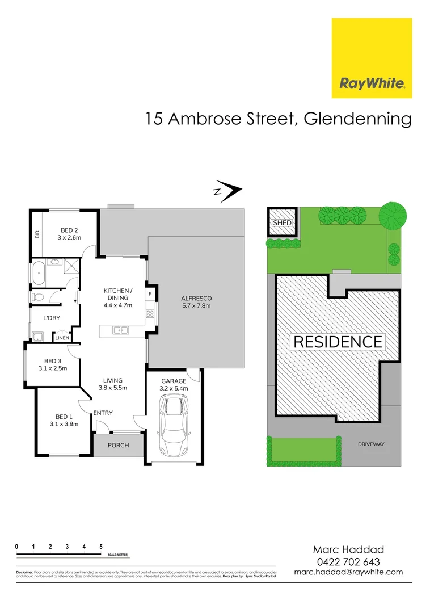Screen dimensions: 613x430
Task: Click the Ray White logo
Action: click(x=372, y=58)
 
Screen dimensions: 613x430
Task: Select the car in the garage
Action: click(x=174, y=426)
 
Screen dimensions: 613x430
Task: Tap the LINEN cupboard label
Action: click(x=62, y=338)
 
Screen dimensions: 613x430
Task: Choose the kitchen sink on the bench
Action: click(x=120, y=330)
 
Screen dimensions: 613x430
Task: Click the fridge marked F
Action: click(x=150, y=295)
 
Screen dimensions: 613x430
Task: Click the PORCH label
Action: click(x=118, y=446)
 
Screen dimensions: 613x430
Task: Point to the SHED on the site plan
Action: click(x=282, y=223)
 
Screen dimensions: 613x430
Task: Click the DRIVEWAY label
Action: click(x=371, y=444)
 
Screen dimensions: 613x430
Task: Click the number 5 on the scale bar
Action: click(x=101, y=546)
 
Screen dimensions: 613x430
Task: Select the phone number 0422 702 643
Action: click(x=348, y=561)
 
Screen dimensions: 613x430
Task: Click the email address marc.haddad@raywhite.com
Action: click(x=348, y=572)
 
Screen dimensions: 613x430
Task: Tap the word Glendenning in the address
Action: click(x=357, y=119)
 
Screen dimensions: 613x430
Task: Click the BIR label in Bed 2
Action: click(x=37, y=233)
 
